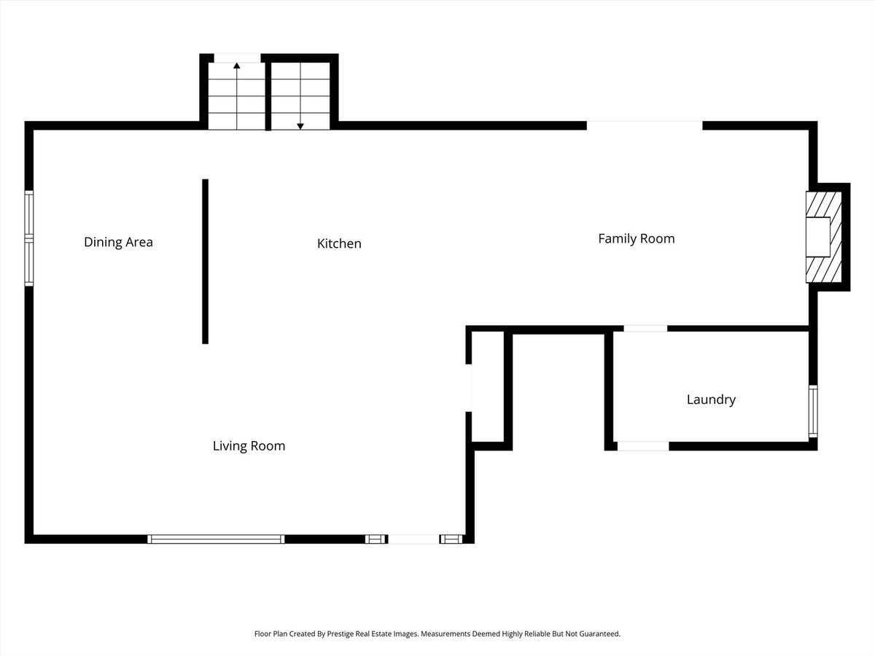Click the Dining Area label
(118, 242)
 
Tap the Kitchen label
(339, 243)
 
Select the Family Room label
(637, 238)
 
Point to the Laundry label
(711, 399)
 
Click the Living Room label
(249, 445)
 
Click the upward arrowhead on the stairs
(237, 66)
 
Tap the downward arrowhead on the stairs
(300, 126)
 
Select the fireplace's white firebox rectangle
(818, 237)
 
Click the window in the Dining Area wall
(29, 238)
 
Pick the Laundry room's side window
(813, 411)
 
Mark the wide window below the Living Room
(216, 539)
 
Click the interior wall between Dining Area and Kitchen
(206, 261)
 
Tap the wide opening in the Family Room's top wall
(645, 125)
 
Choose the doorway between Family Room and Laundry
(645, 329)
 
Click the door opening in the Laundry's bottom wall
(643, 446)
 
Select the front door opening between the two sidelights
(413, 539)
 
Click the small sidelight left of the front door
(376, 539)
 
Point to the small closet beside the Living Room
(489, 387)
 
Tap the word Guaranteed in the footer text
(600, 633)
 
